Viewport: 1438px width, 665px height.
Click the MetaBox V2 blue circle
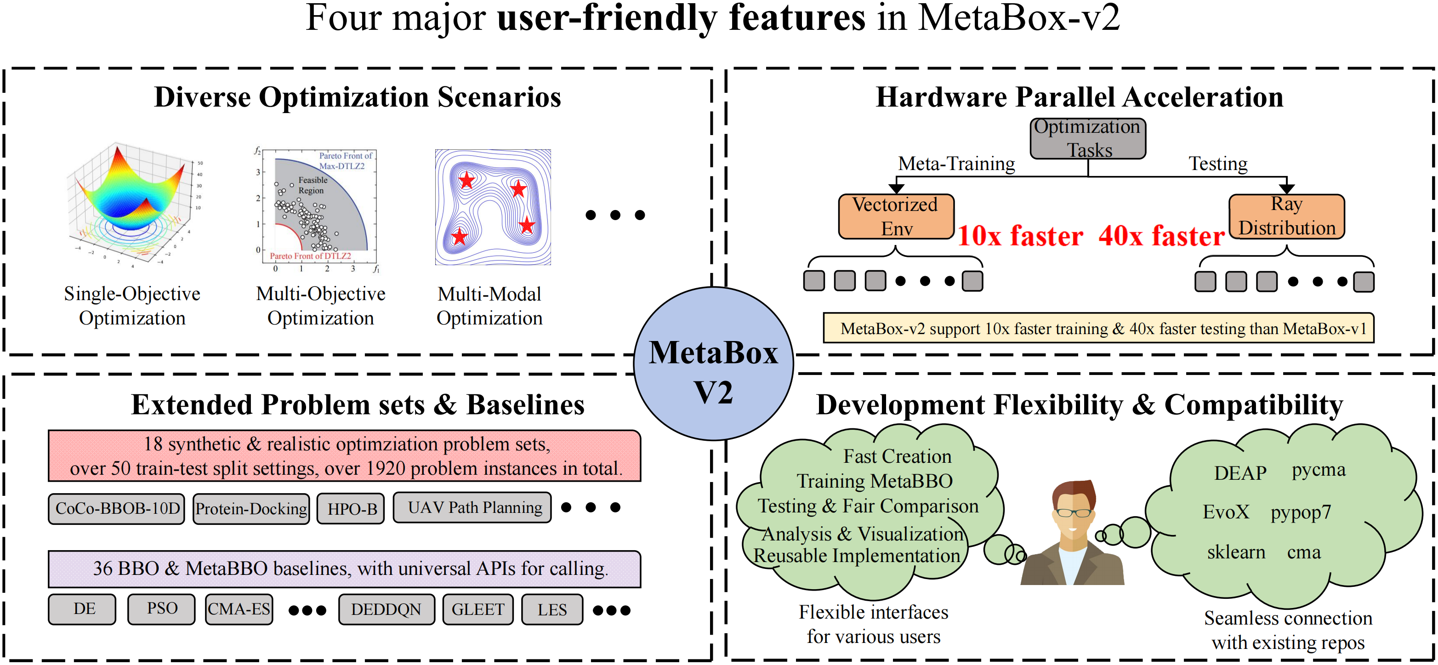point(713,364)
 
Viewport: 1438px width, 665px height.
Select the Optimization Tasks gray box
point(1087,138)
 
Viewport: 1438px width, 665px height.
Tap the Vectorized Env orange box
point(896,216)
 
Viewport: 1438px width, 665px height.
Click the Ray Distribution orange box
point(1286,216)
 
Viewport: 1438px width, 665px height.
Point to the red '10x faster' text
point(1020,236)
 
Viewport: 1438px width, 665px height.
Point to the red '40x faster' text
point(1161,236)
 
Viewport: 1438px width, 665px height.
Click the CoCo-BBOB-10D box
point(117,508)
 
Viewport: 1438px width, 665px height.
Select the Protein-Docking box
point(251,509)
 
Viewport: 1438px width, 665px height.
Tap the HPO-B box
point(351,509)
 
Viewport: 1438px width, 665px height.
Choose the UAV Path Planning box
point(473,507)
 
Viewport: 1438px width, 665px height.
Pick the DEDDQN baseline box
point(386,609)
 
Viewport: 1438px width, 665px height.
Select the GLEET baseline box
point(478,609)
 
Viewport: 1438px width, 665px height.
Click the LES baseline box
point(552,609)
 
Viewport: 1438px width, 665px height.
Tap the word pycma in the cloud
point(1318,470)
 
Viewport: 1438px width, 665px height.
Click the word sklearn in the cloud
point(1236,552)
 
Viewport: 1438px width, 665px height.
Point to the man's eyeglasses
point(1074,512)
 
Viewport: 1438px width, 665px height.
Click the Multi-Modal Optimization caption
point(489,306)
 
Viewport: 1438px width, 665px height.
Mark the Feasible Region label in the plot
point(312,185)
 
